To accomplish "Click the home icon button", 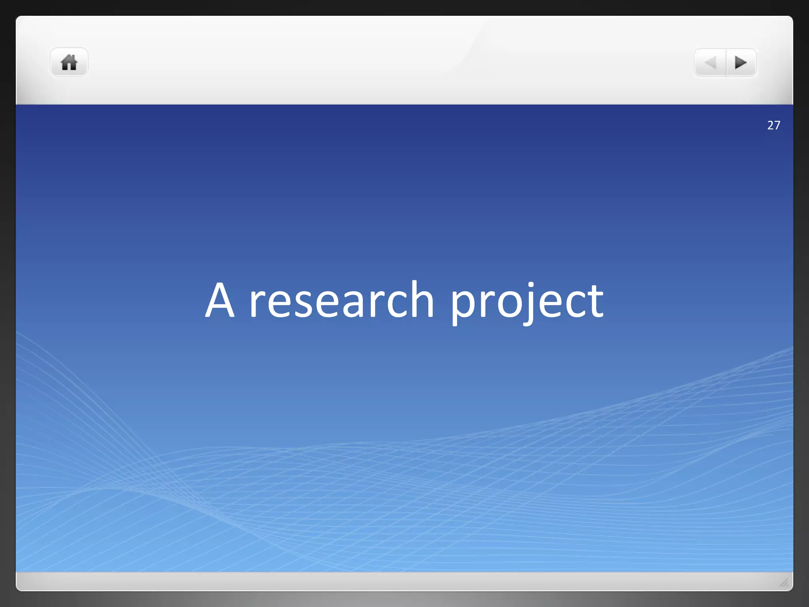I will (69, 62).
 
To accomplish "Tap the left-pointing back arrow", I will (710, 62).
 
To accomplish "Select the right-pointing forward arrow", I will (741, 62).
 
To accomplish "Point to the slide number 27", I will (773, 125).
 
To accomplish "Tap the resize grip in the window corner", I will (784, 582).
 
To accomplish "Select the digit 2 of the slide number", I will (770, 125).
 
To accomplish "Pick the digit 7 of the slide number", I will (777, 125).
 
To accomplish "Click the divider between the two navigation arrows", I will (726, 62).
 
